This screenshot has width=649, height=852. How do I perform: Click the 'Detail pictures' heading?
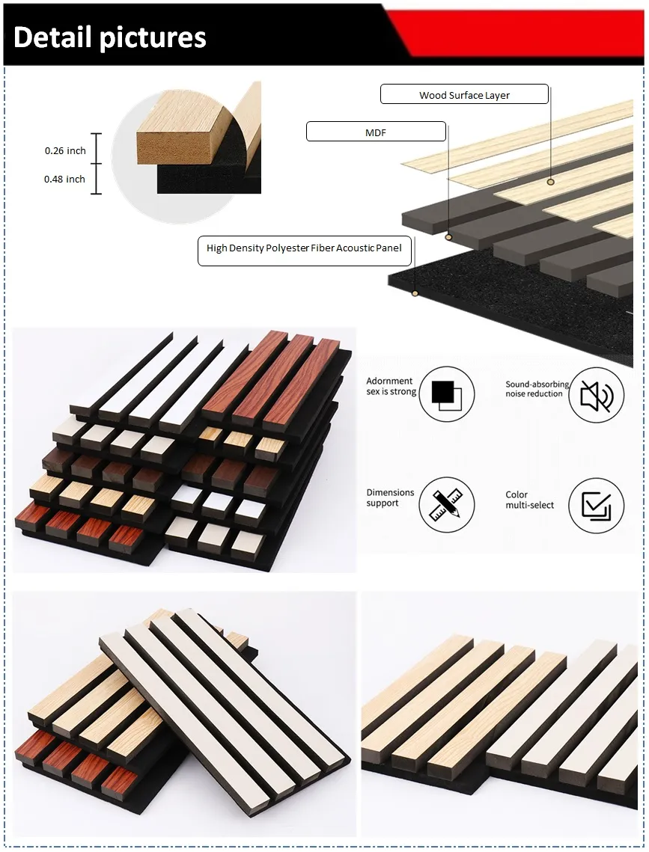pos(110,37)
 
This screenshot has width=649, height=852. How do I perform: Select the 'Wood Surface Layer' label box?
pos(464,94)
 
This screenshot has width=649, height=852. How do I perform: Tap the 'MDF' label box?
pos(376,132)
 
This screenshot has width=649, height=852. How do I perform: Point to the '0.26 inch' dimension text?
pos(65,150)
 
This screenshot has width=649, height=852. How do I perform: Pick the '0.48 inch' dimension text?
pos(64,179)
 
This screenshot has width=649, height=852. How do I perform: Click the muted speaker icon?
pos(596,395)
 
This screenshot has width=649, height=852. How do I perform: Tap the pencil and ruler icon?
pos(446,505)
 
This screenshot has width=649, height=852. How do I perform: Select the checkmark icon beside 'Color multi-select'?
pos(596,506)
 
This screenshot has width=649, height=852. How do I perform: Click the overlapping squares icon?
pos(446,394)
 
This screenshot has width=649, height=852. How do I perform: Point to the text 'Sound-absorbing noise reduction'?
pos(537,389)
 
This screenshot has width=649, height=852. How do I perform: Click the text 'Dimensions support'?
pos(390,497)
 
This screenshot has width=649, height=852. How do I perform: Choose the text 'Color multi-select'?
pos(529,500)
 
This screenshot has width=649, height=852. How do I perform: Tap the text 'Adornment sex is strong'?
pos(391,386)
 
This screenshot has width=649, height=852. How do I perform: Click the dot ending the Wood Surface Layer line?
pos(551,182)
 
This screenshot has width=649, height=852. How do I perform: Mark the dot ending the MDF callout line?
pos(449,237)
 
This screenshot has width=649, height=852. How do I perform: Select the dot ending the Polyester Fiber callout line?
pos(415,293)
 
